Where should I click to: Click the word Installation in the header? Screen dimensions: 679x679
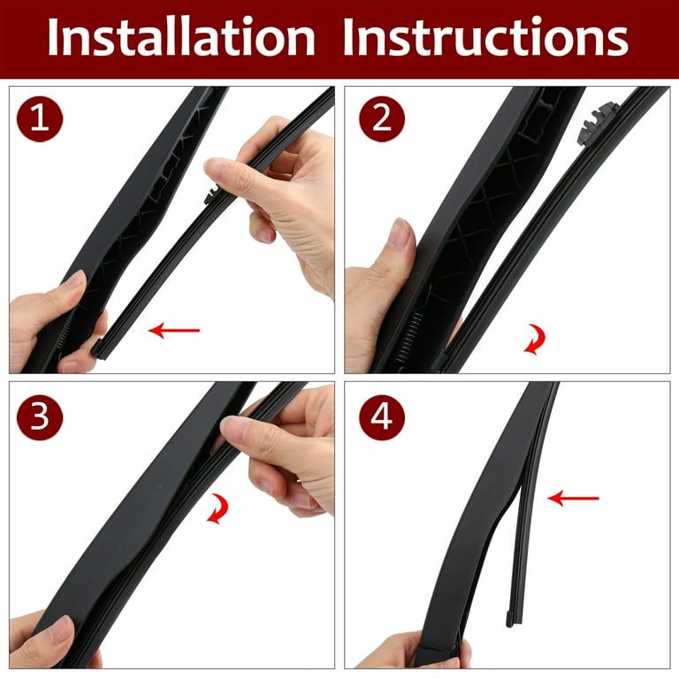tap(181, 37)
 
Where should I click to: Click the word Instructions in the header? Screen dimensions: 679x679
tap(485, 37)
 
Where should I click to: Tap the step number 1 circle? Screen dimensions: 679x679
tap(40, 118)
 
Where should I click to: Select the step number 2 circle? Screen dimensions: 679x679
tap(382, 118)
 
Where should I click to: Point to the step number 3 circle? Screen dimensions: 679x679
tap(40, 417)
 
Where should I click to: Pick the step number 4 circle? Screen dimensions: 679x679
tap(382, 417)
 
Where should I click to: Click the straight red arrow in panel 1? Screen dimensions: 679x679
tap(173, 331)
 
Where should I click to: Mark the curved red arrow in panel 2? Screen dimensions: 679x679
tap(537, 339)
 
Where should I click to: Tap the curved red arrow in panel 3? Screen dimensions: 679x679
tap(219, 509)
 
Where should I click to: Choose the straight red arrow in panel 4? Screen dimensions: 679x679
tap(573, 499)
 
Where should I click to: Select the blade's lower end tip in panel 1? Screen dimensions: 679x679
tap(99, 349)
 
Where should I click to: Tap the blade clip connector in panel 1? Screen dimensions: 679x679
tap(212, 194)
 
